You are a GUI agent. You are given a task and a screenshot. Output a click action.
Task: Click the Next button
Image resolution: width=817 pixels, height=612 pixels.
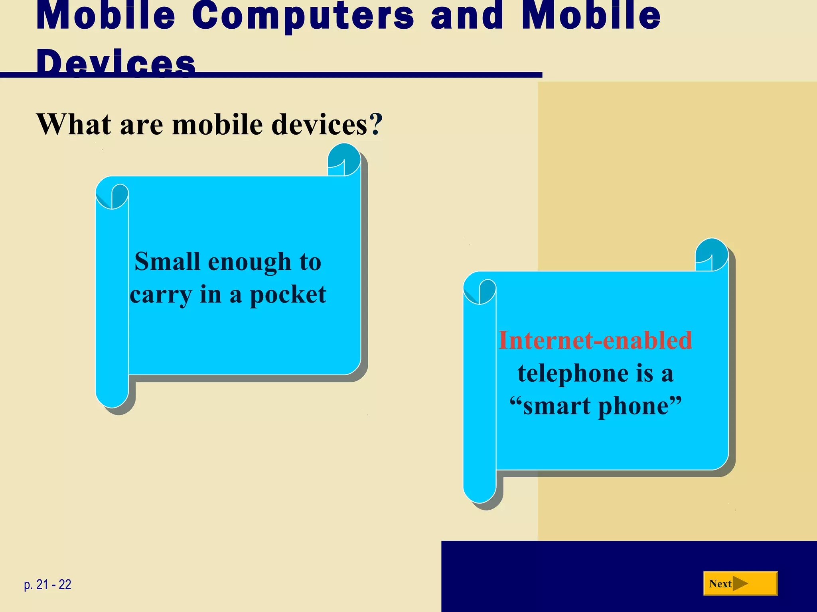[740, 583]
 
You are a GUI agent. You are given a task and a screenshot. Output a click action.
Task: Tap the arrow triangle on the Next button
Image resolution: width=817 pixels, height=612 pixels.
[740, 584]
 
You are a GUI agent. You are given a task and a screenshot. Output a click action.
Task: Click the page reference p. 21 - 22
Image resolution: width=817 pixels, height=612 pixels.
[47, 585]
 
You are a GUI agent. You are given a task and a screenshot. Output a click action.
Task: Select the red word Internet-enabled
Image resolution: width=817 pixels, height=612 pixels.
[595, 341]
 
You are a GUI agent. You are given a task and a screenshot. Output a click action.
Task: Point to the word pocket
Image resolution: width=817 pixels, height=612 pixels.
[288, 295]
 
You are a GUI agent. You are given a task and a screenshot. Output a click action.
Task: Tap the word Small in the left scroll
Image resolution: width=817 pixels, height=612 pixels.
[167, 262]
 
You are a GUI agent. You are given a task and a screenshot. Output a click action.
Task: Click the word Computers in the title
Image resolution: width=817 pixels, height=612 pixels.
[303, 16]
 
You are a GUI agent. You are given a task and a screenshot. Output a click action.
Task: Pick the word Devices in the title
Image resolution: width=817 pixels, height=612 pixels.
[116, 62]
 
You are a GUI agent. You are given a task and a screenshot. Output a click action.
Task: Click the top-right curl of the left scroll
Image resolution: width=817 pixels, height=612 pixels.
[344, 160]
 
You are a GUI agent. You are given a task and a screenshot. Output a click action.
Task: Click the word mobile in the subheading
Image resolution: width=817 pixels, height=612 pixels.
[217, 124]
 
